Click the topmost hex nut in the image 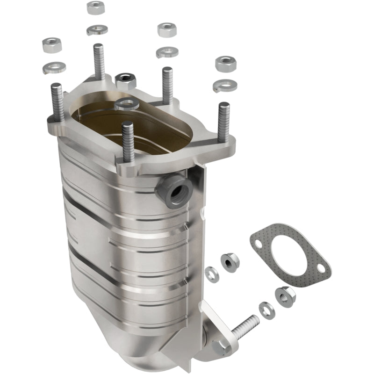tap(96, 7)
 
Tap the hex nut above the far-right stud tap(224, 64)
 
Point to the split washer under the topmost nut tap(97, 29)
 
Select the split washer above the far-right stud tap(223, 86)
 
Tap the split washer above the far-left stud tap(54, 67)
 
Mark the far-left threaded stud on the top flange tap(57, 102)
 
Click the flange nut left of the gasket tap(229, 261)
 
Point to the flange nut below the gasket tap(285, 295)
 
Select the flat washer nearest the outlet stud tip tap(266, 310)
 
